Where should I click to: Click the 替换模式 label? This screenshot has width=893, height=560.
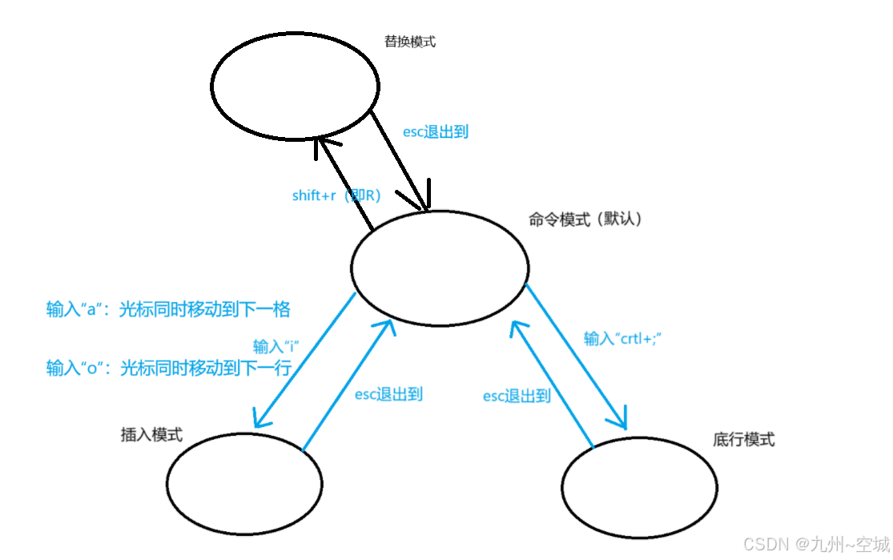410,42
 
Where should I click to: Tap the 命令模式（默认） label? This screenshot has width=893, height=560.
585,219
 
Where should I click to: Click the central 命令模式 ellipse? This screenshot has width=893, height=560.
440,268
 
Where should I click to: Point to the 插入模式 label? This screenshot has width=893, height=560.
151,435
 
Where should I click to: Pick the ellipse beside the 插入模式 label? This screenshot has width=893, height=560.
244,483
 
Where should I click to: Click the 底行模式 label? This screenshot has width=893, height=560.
743,439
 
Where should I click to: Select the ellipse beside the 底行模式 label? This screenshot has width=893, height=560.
639,487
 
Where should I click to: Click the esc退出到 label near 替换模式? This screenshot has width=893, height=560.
435,132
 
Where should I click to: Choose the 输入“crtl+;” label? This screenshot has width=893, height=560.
621,339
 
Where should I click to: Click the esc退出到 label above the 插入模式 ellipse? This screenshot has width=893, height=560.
388,393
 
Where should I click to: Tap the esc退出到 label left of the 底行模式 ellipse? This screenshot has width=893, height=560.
517,396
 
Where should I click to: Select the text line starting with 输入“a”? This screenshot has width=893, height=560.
167,309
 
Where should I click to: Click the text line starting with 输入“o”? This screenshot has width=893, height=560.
167,368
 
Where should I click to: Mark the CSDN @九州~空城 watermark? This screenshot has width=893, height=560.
816,545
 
